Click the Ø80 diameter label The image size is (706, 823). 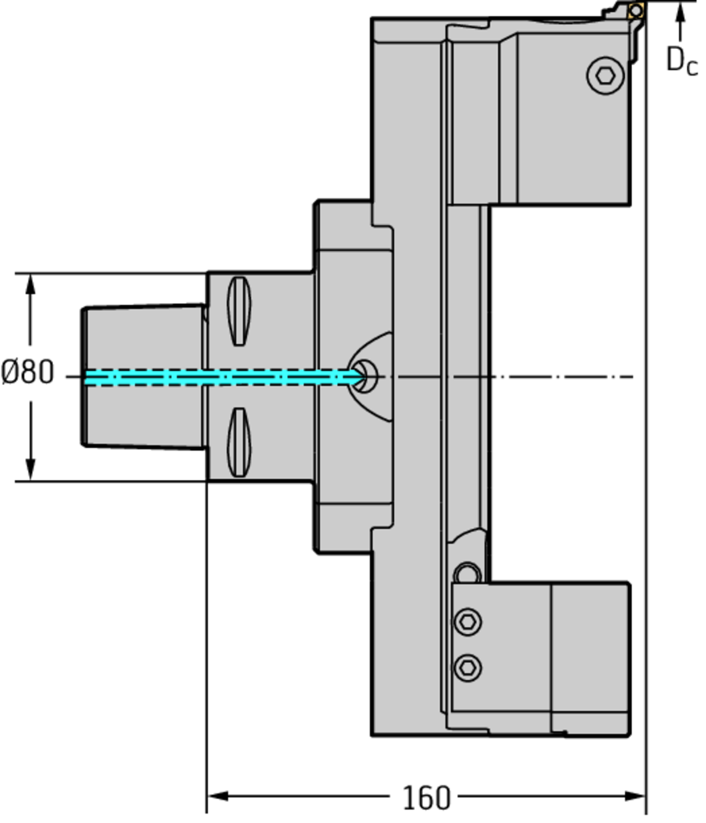tap(27, 372)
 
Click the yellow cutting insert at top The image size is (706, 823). tap(636, 10)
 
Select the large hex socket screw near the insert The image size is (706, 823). tap(605, 76)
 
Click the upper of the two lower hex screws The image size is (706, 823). tap(467, 622)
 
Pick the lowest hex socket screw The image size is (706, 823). tap(467, 668)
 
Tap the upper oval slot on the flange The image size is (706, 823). tap(239, 311)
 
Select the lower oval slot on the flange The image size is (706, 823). tap(239, 443)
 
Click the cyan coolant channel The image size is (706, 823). tap(224, 378)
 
